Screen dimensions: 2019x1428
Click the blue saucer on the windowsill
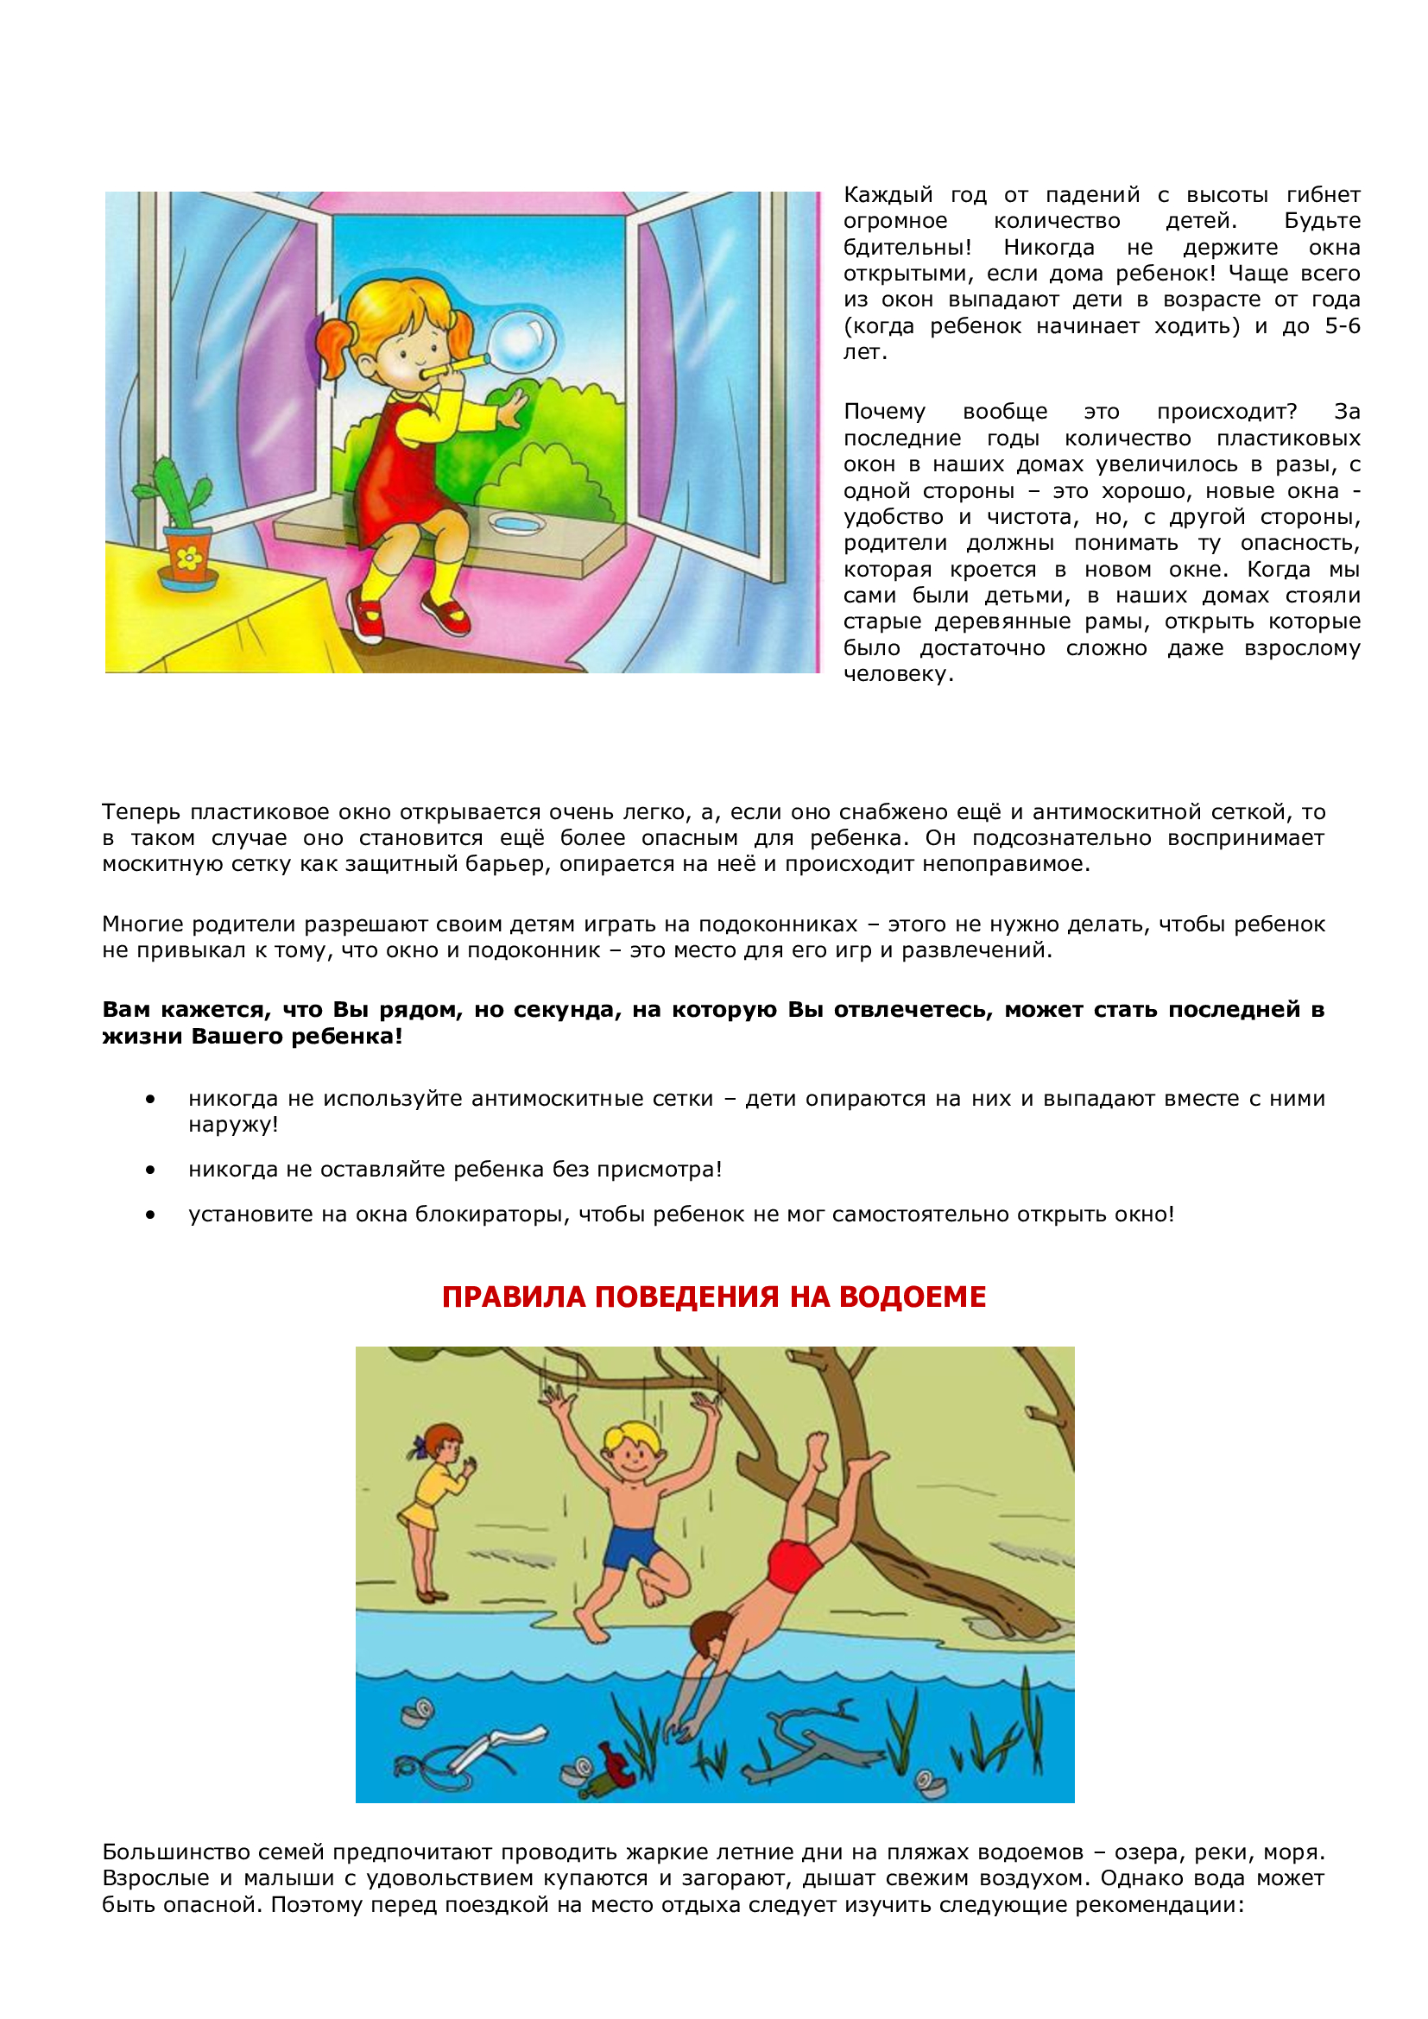tap(517, 524)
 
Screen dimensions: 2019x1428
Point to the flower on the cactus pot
tap(188, 557)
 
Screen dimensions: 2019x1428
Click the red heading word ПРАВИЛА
tap(513, 1297)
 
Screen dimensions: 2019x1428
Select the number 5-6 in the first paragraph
tap(1342, 326)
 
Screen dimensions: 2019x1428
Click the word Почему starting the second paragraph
tap(884, 412)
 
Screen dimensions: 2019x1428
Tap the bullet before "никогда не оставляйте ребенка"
tap(151, 1170)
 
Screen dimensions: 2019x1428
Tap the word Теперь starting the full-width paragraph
tap(142, 811)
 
